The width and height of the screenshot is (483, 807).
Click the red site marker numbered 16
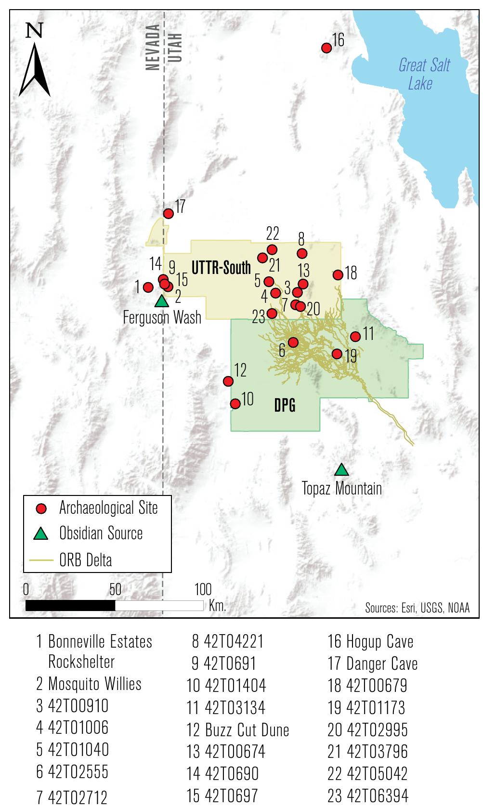[x=326, y=48]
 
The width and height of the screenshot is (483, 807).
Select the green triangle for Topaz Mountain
[x=341, y=469]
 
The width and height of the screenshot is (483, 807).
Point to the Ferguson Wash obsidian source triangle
[x=162, y=301]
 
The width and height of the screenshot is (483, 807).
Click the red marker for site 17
[x=169, y=213]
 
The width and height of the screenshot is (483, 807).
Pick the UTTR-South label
[x=222, y=268]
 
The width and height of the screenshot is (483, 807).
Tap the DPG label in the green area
[x=285, y=406]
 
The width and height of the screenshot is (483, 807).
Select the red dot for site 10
[x=235, y=403]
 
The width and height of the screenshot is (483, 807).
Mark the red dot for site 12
[x=229, y=381]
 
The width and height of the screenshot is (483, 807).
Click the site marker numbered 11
[x=355, y=336]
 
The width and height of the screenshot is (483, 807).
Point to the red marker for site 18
[x=338, y=275]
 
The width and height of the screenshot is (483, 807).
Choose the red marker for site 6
[x=293, y=342]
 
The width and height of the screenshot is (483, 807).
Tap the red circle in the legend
[x=42, y=508]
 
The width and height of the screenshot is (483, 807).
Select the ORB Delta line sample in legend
[x=42, y=560]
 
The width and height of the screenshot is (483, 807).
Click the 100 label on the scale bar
[x=203, y=589]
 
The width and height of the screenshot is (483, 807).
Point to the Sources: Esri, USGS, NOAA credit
[x=417, y=608]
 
